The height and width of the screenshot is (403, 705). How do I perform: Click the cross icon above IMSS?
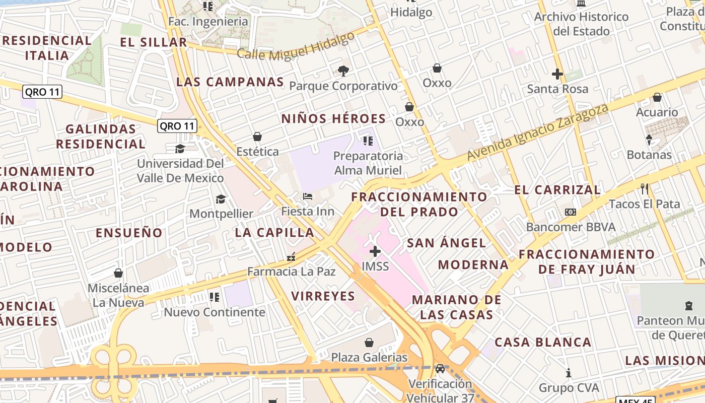click(x=375, y=251)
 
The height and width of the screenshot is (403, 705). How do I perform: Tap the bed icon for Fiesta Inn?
click(x=308, y=196)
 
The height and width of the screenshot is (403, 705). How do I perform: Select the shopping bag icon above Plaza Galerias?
click(x=369, y=343)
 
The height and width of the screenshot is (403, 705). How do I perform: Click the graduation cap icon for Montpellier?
click(x=221, y=199)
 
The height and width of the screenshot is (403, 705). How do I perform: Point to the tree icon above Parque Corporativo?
click(x=343, y=71)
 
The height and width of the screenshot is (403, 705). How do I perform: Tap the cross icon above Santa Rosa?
click(x=557, y=74)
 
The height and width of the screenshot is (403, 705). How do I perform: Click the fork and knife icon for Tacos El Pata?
click(x=645, y=189)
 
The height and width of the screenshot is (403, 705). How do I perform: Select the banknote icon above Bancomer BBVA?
click(x=571, y=212)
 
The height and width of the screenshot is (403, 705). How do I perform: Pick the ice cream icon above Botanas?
click(x=649, y=140)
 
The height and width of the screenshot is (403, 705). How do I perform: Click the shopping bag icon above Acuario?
click(x=657, y=97)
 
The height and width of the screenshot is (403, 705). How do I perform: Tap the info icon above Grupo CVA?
click(x=569, y=373)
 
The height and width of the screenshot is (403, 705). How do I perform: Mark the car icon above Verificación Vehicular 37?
click(x=440, y=369)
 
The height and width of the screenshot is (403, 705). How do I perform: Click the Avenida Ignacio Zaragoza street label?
click(x=538, y=132)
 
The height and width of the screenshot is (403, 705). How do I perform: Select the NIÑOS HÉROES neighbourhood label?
click(x=333, y=119)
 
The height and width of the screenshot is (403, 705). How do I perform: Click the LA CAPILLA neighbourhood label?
click(x=274, y=232)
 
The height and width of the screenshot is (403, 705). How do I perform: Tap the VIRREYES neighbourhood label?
click(x=323, y=296)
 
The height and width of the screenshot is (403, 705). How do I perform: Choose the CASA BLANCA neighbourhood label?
click(x=543, y=342)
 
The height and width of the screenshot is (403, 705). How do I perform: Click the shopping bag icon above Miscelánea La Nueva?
click(x=118, y=273)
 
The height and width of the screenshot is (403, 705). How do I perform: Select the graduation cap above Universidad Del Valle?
click(x=180, y=149)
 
